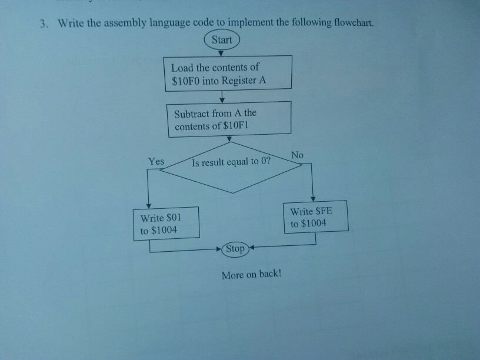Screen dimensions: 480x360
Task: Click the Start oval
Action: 222,40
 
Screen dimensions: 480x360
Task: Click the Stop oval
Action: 235,248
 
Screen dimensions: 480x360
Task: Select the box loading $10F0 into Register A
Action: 228,73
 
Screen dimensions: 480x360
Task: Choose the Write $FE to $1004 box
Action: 316,217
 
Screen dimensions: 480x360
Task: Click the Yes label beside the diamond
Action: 156,161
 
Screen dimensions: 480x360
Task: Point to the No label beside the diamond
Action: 297,155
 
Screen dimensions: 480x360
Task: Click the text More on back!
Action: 252,275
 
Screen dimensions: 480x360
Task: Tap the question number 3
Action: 44,24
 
